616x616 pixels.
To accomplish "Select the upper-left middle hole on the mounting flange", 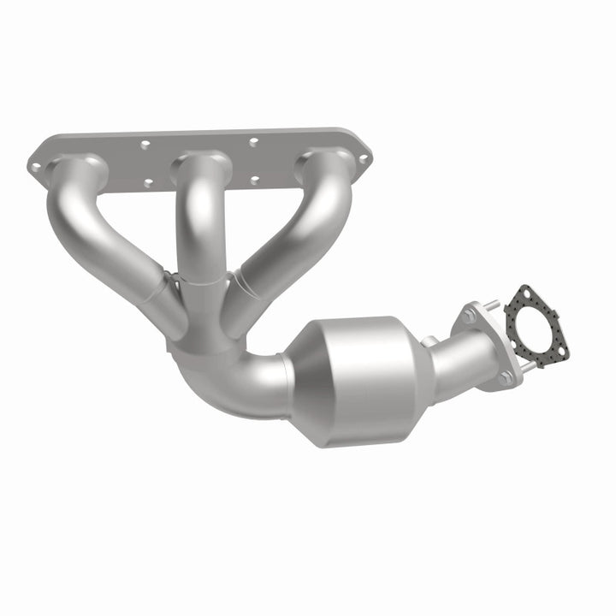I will click(146, 145).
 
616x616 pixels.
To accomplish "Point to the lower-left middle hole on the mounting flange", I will click(148, 181).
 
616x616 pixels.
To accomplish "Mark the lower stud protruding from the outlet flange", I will click(530, 366).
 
